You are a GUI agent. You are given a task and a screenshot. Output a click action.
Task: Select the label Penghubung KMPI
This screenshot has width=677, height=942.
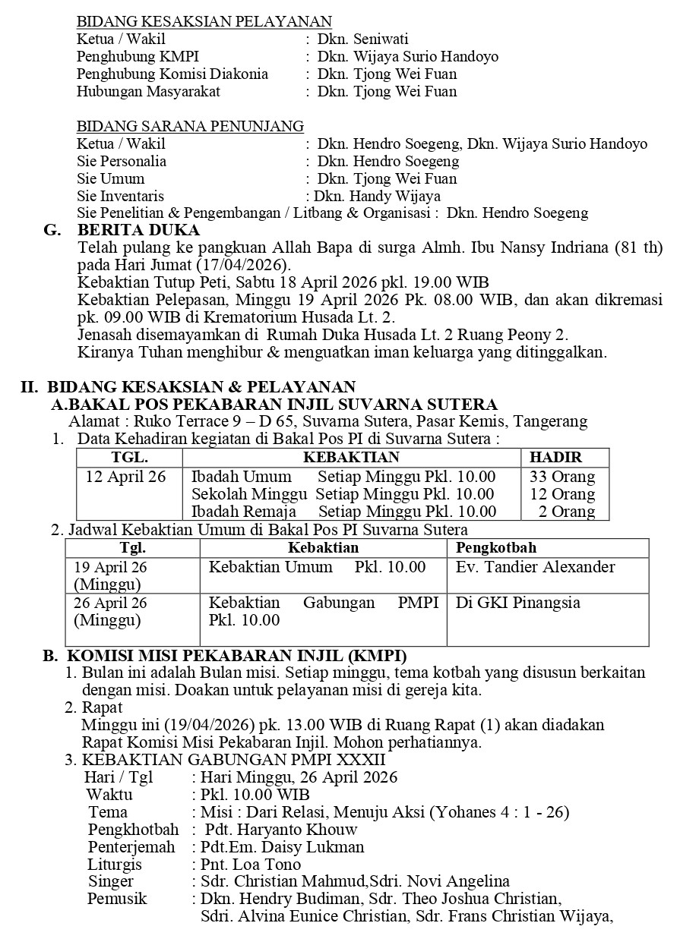point(126,57)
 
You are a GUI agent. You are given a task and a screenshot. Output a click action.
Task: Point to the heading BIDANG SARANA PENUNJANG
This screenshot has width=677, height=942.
point(191,127)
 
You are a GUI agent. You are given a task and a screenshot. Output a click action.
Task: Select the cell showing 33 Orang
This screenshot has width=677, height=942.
point(562,477)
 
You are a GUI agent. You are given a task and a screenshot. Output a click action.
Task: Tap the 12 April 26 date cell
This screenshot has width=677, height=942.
point(125,477)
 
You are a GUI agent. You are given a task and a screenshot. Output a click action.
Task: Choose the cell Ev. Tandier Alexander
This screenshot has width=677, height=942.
point(535,568)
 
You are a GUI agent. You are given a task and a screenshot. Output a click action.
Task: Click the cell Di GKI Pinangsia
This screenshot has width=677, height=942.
point(517,603)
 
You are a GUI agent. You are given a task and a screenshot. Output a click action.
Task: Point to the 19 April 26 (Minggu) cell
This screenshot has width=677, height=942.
point(111,575)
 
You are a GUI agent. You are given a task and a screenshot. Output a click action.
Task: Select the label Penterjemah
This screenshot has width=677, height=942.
point(131,847)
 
